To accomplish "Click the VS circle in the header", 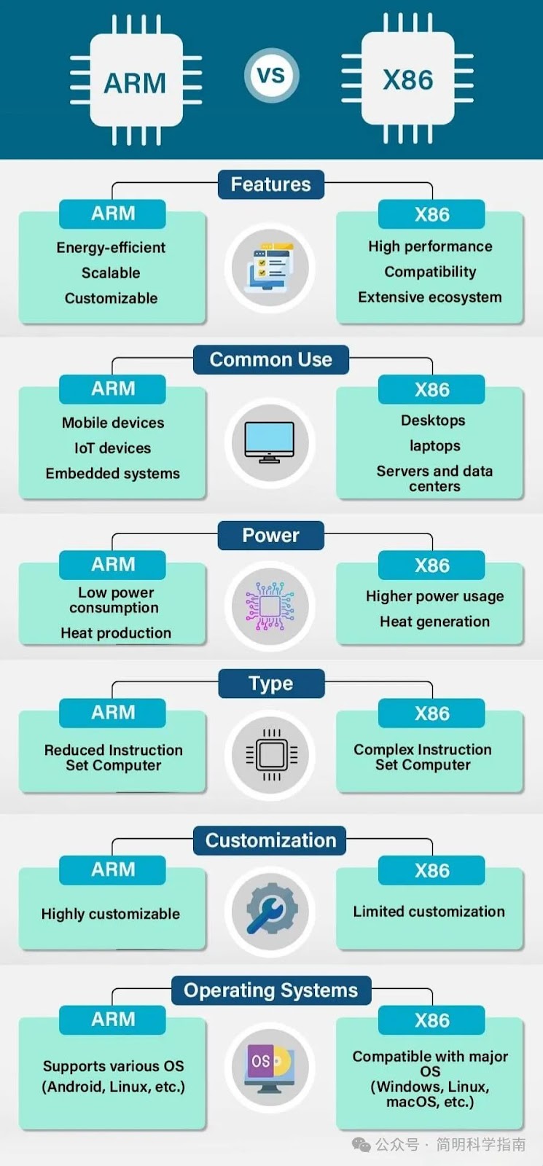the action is tap(271, 76).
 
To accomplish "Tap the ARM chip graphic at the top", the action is tap(136, 80).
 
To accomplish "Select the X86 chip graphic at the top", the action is tap(407, 78).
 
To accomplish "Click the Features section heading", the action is tap(270, 184).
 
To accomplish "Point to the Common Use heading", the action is tap(270, 360).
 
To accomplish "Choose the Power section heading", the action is tap(270, 536).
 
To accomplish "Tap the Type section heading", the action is tap(271, 684).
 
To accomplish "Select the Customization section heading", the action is tap(270, 841).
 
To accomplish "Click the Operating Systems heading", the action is tap(271, 990).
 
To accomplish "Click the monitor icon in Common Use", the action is tap(270, 442).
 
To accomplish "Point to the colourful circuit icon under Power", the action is tap(270, 606).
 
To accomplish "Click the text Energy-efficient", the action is tap(111, 248).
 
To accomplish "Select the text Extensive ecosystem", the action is tap(430, 297).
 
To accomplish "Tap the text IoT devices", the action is tap(112, 448).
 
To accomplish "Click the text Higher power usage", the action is tap(434, 597).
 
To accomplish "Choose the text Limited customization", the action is tap(429, 912).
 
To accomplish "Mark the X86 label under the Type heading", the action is tap(431, 713).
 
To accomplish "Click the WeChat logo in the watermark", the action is tap(362, 1145).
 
